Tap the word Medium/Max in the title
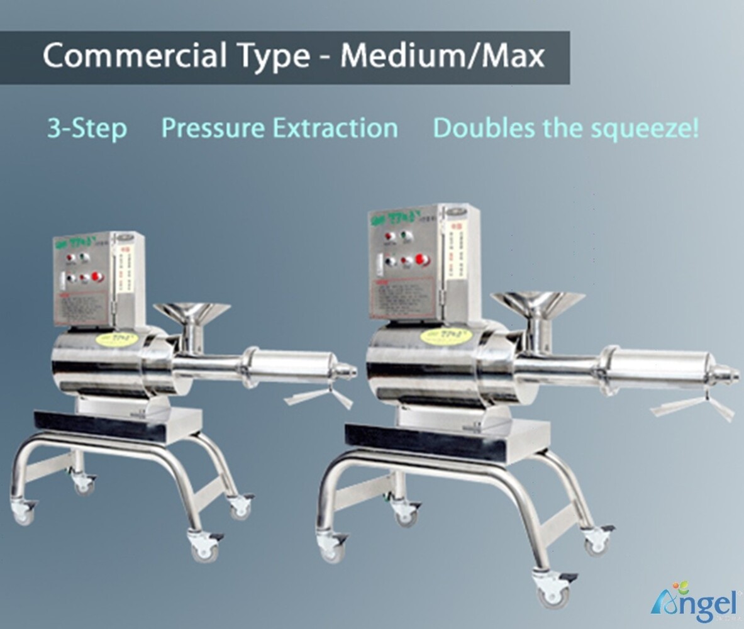[443, 56]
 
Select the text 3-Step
[87, 128]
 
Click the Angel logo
[694, 602]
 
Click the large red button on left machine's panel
[97, 277]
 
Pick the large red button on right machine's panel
[423, 259]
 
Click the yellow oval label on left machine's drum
[114, 337]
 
